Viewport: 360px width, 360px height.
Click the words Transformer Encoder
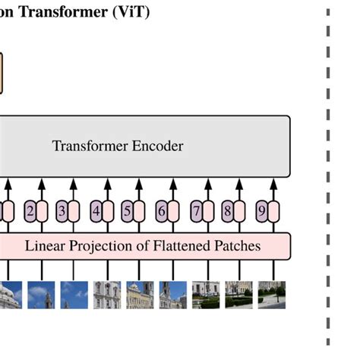[118, 146]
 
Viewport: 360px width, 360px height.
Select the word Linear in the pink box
[45, 246]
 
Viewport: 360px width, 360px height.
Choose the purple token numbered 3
[63, 211]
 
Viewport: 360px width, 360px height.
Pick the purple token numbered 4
[96, 211]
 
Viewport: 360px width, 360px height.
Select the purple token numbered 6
[163, 211]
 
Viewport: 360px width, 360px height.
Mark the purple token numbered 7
[196, 211]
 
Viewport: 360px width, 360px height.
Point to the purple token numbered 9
[262, 211]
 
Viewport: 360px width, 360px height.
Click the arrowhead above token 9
[272, 184]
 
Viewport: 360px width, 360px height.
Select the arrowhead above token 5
[140, 184]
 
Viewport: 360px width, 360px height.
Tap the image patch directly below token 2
[41, 295]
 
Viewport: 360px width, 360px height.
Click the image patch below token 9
[272, 295]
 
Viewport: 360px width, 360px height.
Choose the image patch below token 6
[173, 295]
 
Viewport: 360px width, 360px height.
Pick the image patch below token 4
[107, 295]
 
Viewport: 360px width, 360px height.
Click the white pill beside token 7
[207, 211]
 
